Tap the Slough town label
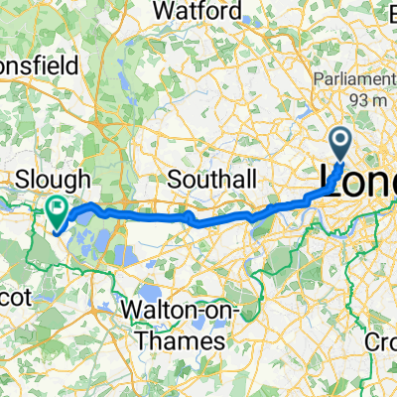56,180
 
